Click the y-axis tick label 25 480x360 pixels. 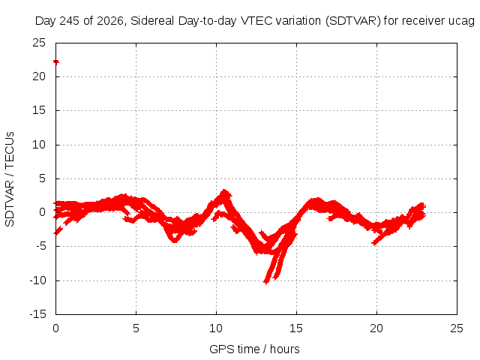point(39,43)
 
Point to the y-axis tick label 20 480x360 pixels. point(39,76)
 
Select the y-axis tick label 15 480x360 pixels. point(39,110)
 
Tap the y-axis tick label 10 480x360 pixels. point(39,145)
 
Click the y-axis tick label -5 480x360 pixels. point(38,246)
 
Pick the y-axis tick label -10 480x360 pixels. point(38,280)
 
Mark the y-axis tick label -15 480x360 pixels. point(38,314)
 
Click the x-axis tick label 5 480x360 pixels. point(136,328)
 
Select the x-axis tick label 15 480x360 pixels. point(296,328)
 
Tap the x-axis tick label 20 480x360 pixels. point(376,328)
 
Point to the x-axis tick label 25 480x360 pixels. point(457,328)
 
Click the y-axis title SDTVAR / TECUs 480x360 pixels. point(10,179)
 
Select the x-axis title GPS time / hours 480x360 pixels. point(254,349)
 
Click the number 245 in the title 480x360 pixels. point(69,21)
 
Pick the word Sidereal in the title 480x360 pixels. point(153,21)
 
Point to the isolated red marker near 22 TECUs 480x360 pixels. point(56,62)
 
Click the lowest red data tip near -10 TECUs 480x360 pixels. point(265,283)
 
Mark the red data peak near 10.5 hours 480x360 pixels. point(225,191)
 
